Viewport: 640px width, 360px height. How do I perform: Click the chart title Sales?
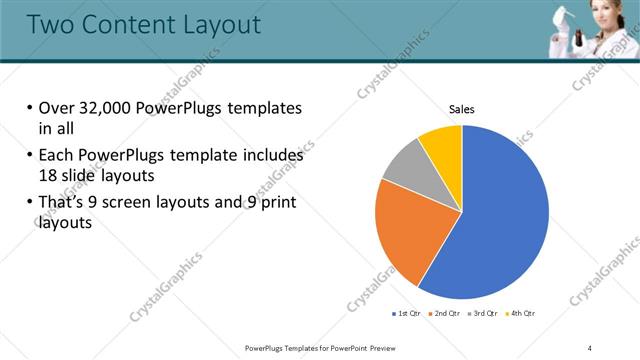pos(461,109)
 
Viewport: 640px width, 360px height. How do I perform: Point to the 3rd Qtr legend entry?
pos(482,314)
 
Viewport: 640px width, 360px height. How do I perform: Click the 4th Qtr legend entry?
pos(520,314)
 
